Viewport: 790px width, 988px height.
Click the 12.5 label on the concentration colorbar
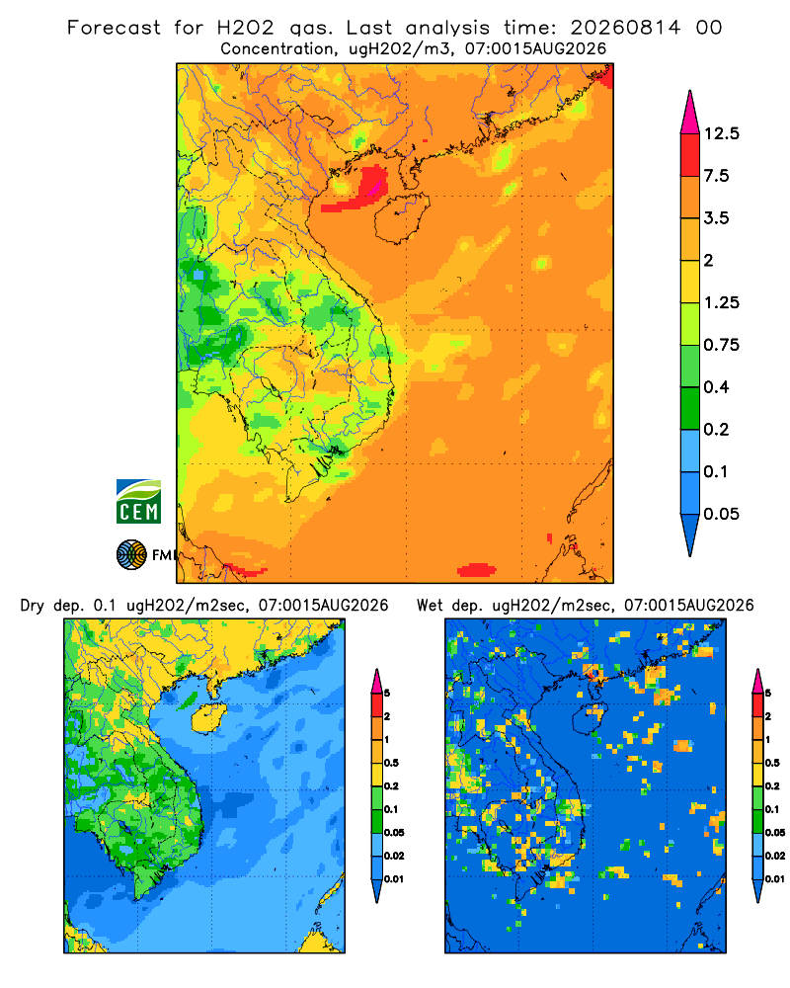click(721, 133)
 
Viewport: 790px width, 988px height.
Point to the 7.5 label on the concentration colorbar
click(716, 176)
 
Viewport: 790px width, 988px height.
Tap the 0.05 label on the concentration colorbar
click(721, 514)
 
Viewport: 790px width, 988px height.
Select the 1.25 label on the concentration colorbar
click(721, 302)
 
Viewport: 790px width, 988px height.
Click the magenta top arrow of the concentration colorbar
click(690, 113)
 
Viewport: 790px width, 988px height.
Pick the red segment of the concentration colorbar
click(690, 155)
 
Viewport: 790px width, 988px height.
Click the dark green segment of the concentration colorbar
click(690, 408)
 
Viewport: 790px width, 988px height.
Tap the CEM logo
click(138, 502)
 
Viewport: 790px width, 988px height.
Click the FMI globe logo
click(131, 555)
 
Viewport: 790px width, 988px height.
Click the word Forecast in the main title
click(114, 28)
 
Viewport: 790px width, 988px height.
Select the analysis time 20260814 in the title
click(625, 28)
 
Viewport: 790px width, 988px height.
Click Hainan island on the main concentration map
click(402, 218)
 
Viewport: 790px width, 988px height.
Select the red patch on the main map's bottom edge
click(477, 570)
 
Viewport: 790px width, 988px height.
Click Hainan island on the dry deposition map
click(209, 718)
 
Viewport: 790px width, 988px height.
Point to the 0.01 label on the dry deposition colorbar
click(394, 879)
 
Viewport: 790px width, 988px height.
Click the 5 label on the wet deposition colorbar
click(768, 694)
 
